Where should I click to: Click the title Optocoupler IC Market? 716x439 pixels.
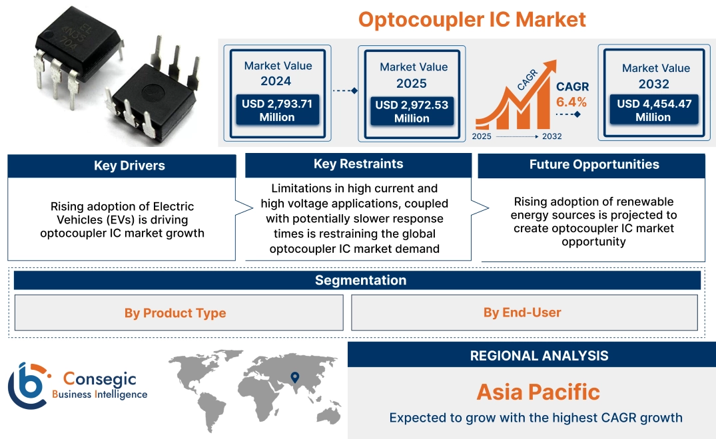click(472, 19)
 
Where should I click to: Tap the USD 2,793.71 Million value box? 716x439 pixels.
click(276, 110)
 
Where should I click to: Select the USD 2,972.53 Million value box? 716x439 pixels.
click(412, 112)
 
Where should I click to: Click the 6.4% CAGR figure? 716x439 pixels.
click(571, 102)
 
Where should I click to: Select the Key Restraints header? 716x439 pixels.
click(358, 164)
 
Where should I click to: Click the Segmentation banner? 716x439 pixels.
click(360, 280)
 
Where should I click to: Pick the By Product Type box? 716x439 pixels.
click(175, 313)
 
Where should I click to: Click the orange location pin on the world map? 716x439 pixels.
click(294, 378)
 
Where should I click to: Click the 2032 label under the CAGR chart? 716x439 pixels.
click(551, 136)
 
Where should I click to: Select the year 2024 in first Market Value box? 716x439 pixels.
click(276, 81)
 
